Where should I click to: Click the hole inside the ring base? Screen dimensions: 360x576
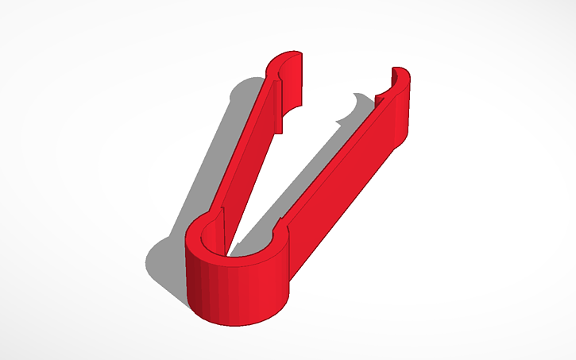tap(238, 242)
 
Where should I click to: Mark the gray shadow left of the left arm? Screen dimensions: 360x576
tap(215, 159)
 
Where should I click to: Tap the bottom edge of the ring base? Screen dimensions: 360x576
tap(238, 322)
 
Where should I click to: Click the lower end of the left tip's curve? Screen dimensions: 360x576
tap(283, 127)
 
